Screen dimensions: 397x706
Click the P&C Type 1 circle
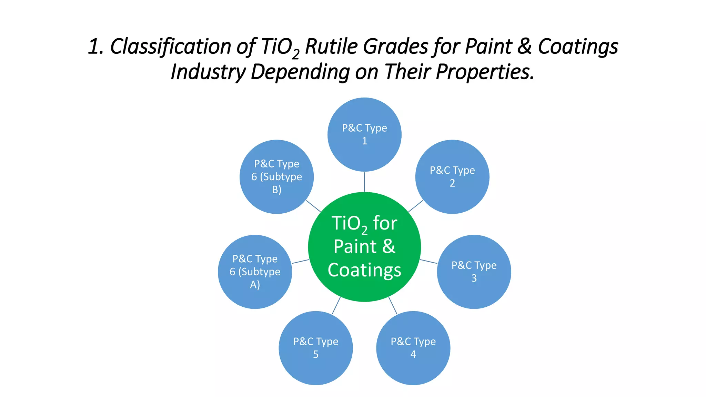tap(364, 134)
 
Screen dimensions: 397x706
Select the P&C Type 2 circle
tap(452, 177)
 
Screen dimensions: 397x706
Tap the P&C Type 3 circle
tap(474, 272)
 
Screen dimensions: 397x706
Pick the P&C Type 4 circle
tap(413, 348)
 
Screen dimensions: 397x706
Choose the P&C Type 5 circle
tap(315, 348)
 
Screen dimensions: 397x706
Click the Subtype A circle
tap(255, 272)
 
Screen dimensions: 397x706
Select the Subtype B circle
tap(276, 177)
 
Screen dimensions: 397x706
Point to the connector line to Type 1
tap(364, 182)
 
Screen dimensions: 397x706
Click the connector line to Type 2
tap(415, 206)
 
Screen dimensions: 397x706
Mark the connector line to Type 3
tap(428, 262)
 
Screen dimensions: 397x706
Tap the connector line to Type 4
tap(393, 306)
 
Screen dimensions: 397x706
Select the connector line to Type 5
tap(336, 306)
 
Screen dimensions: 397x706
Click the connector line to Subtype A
tap(300, 262)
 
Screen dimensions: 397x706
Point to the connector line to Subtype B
tap(313, 206)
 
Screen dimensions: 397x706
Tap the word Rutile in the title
tap(331, 47)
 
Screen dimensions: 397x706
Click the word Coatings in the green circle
tap(364, 270)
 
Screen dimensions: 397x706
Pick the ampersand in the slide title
tap(524, 47)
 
